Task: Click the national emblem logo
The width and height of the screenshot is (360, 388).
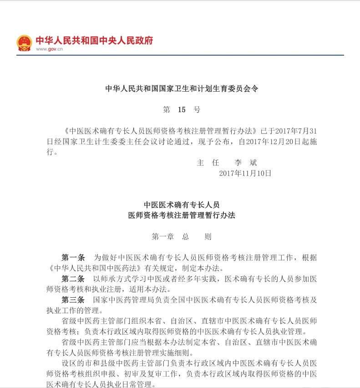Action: click(x=24, y=42)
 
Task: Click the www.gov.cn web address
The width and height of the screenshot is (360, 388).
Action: click(x=49, y=50)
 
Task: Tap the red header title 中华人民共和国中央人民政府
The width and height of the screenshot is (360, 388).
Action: click(x=94, y=40)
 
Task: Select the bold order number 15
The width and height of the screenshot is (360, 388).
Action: click(x=182, y=109)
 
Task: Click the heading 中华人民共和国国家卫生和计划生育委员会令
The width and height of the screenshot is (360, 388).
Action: click(x=182, y=88)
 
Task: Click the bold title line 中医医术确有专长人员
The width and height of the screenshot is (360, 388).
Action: click(x=182, y=205)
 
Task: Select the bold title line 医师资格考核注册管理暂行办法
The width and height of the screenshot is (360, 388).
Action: click(x=182, y=215)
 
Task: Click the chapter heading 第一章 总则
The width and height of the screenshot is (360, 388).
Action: click(x=182, y=237)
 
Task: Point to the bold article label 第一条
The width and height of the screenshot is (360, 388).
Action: click(x=73, y=258)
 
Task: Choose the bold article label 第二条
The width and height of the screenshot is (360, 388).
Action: click(x=73, y=279)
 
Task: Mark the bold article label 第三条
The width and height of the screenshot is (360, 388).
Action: click(x=73, y=300)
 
